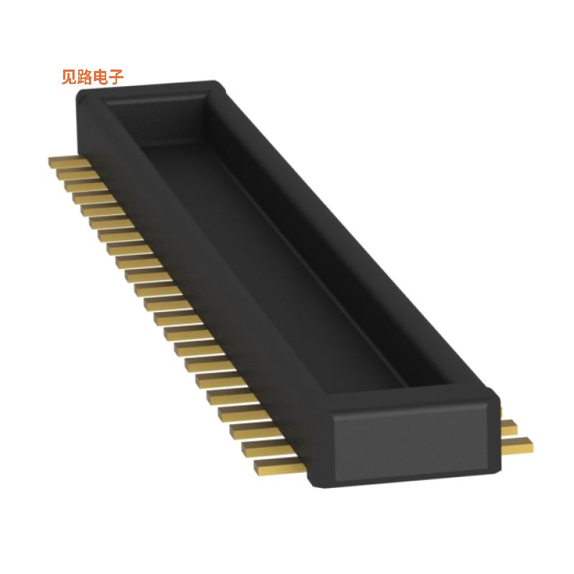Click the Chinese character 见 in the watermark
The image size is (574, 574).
tap(70, 77)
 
